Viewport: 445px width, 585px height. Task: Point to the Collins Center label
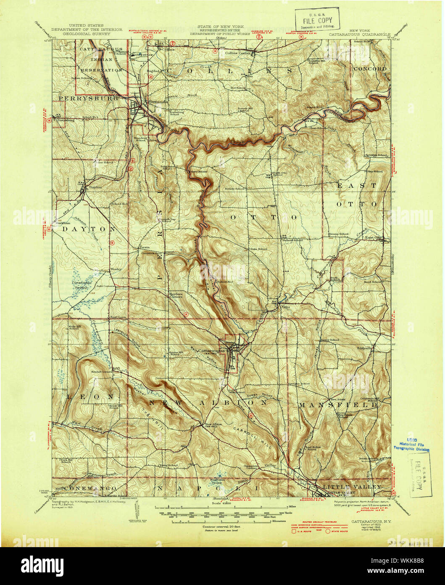pyautogui.click(x=238, y=53)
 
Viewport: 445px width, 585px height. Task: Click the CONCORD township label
pyautogui.click(x=370, y=68)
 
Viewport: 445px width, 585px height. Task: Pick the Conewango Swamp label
pyautogui.click(x=82, y=285)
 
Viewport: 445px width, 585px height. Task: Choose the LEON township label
pyautogui.click(x=89, y=396)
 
